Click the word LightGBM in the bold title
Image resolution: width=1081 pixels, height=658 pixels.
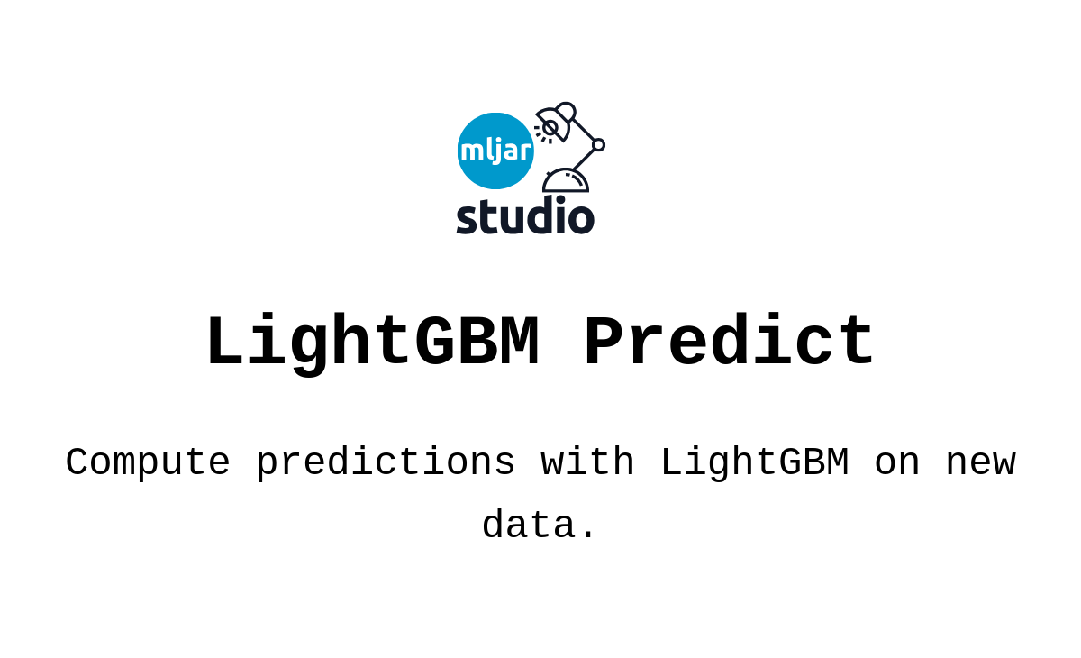pos(372,343)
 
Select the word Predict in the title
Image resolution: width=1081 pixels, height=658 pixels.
pos(729,343)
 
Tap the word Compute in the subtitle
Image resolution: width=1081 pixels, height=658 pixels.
pos(148,462)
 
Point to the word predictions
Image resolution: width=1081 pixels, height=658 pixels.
pos(386,462)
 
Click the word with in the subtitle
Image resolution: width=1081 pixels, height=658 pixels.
pos(587,462)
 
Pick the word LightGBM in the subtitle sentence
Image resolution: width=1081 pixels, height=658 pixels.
pos(754,462)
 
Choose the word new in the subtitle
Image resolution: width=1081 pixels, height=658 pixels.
pos(980,462)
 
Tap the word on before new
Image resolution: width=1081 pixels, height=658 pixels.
pos(897,462)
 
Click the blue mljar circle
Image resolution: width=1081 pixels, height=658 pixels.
pos(495,151)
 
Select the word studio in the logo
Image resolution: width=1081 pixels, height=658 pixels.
pos(525,216)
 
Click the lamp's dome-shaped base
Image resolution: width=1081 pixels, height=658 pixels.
pos(566,181)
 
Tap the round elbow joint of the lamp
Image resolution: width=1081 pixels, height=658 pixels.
pos(598,144)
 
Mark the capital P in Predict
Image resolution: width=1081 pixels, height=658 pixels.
pos(604,343)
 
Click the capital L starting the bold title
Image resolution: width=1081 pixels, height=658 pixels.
pos(225,343)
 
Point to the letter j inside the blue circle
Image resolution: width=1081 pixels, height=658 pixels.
pos(494,151)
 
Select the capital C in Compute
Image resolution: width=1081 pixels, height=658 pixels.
pos(77,462)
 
